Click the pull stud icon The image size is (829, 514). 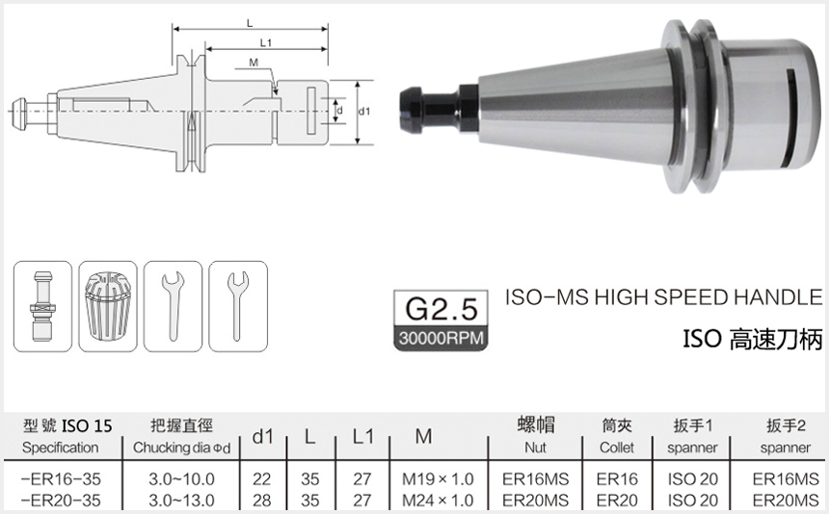point(43,303)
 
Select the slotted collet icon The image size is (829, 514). point(108,303)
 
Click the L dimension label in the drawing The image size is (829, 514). point(250,20)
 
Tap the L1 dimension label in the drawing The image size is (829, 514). point(266,42)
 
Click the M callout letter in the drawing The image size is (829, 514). point(253,63)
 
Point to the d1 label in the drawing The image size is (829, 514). point(364,112)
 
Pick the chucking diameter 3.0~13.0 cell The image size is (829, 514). point(181,500)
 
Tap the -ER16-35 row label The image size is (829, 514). point(61,478)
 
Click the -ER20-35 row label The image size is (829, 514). point(61,500)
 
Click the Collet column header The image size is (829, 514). point(617,448)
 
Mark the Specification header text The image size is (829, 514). point(61,448)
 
